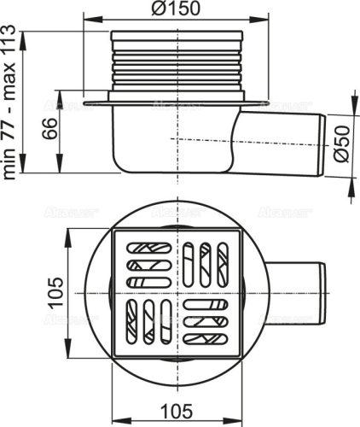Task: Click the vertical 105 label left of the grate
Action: tap(50, 295)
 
